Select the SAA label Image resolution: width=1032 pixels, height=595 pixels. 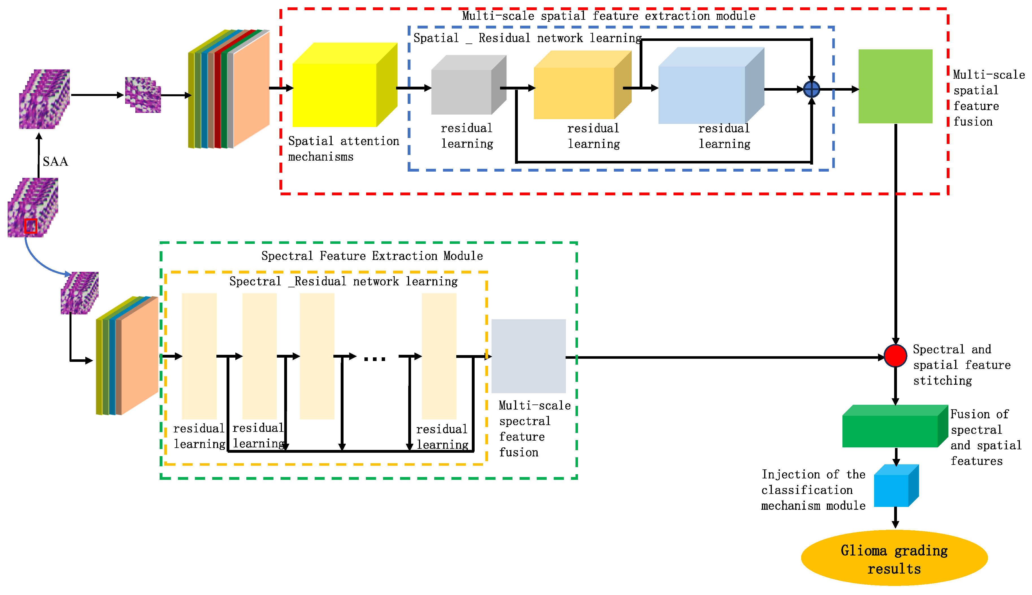pyautogui.click(x=55, y=162)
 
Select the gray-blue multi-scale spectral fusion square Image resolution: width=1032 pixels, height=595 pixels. pyautogui.click(x=528, y=356)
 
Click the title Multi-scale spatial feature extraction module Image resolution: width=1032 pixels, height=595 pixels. pyautogui.click(x=609, y=16)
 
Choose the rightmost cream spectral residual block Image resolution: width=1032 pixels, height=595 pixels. pyautogui.click(x=439, y=356)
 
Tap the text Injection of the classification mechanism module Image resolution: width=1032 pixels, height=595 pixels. pyautogui.click(x=813, y=490)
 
